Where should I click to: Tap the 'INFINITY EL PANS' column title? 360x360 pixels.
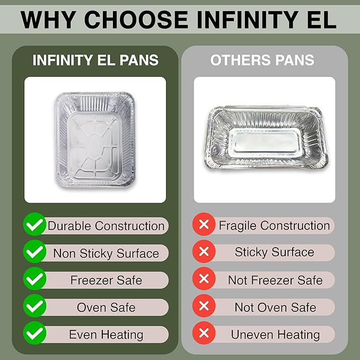point(95,60)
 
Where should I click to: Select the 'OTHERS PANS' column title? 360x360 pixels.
point(262,60)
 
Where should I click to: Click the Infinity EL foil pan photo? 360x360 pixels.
point(95,139)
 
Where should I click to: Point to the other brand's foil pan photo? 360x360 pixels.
point(265,139)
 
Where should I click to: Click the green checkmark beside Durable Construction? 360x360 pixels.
point(34,225)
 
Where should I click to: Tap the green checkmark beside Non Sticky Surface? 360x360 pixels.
point(34,252)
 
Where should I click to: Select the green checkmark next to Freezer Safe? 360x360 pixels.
point(34,279)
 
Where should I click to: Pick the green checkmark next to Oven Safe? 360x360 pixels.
point(34,307)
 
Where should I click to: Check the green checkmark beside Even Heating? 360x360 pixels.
point(34,334)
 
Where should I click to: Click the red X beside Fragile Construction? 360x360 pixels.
point(204,225)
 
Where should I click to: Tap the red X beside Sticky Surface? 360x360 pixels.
point(204,252)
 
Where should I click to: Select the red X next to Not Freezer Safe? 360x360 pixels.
point(204,279)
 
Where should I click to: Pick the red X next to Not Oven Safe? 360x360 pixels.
point(204,307)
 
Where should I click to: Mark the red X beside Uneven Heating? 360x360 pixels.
point(204,334)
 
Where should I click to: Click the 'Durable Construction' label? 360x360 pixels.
point(106,226)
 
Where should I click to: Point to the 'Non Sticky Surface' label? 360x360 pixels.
point(106,253)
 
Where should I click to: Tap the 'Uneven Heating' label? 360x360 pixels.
point(275,335)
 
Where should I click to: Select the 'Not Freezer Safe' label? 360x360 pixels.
point(275,280)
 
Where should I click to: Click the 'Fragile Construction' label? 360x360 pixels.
point(274,226)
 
